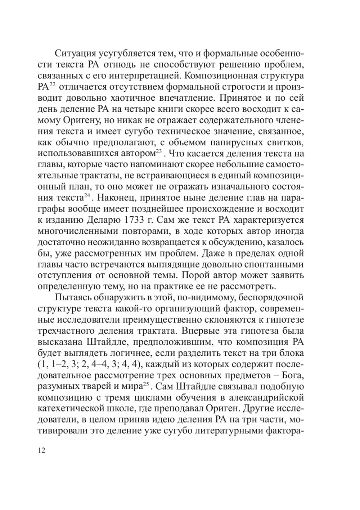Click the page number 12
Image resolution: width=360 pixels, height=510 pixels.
coord(41,450)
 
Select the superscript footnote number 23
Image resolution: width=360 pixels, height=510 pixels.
coord(159,151)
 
